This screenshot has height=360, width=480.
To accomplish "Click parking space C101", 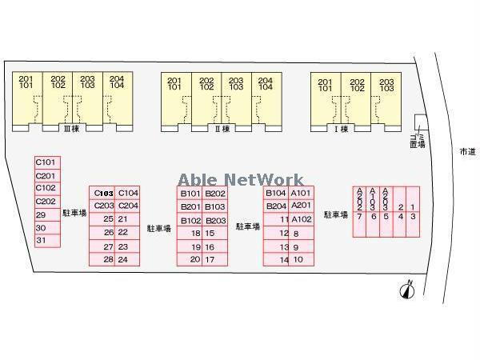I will click(46, 162).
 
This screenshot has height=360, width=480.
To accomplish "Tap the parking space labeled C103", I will click(102, 193).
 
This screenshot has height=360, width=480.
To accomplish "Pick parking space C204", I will click(128, 206).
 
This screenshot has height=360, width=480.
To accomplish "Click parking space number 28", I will click(108, 259).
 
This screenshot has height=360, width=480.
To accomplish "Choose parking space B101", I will click(190, 194).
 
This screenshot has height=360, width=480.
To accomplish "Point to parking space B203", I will click(215, 221).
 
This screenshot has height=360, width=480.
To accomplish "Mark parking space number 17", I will click(210, 259).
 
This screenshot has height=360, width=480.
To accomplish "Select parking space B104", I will click(276, 194).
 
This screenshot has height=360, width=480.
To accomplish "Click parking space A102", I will click(301, 219).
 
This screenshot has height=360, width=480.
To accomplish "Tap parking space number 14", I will click(283, 260).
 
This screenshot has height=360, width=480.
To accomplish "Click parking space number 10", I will click(299, 260).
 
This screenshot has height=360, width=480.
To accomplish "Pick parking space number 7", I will click(360, 216).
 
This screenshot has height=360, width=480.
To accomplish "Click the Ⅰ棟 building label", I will click(342, 129).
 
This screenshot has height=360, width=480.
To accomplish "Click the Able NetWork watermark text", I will click(240, 180).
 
